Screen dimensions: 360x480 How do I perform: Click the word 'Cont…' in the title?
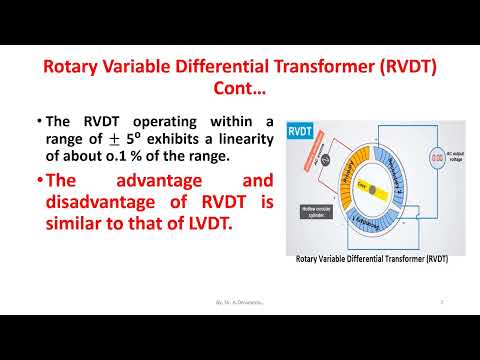[240, 90]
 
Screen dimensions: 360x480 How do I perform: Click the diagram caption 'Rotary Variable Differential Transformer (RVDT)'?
[371, 259]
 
